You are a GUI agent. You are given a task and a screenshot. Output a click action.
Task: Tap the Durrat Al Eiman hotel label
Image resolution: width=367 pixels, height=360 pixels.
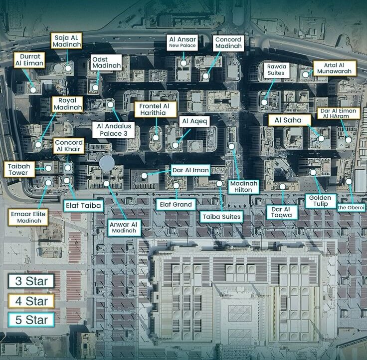click(x=29, y=60)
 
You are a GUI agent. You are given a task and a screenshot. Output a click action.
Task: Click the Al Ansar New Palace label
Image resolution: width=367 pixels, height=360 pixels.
click(x=182, y=42)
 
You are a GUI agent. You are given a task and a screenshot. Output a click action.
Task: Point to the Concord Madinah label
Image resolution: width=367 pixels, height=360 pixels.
click(x=228, y=42)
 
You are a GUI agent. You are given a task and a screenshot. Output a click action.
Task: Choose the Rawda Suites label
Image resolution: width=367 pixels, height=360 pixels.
click(x=275, y=69)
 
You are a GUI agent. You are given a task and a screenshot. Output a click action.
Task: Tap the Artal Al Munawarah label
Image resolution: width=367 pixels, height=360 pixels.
click(x=334, y=68)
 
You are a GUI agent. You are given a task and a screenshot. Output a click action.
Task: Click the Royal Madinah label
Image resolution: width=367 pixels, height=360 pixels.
click(x=67, y=103)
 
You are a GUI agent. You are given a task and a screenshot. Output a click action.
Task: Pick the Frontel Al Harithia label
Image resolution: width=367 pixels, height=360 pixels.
click(x=155, y=109)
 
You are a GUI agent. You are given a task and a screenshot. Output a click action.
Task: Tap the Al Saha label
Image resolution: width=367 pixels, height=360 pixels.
click(x=289, y=120)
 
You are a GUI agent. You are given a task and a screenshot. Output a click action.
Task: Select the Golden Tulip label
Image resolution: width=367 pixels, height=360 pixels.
click(x=320, y=201)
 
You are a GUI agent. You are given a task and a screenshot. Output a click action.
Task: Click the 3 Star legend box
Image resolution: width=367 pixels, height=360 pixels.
click(x=31, y=281)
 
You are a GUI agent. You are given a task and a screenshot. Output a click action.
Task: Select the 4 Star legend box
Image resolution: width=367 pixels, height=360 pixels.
click(x=31, y=301)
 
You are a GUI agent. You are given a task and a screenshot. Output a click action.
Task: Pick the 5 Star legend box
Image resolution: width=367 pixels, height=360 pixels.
click(x=31, y=320)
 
